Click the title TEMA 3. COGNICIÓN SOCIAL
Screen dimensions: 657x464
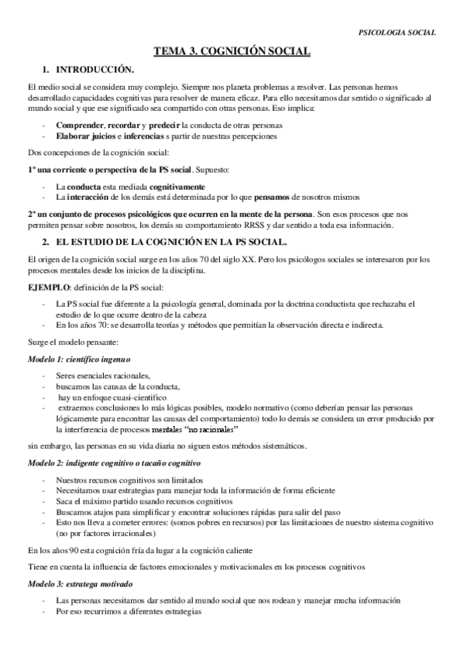point(232,51)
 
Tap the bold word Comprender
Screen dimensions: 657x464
point(81,125)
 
